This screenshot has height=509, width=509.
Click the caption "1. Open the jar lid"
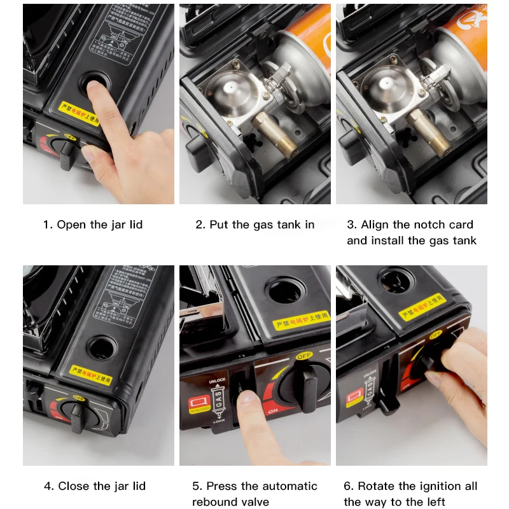coord(93,225)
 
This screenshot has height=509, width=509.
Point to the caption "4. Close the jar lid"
coord(95,486)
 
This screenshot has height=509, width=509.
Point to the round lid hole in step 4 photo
coord(98,347)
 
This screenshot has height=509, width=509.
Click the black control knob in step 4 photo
coord(79,417)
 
